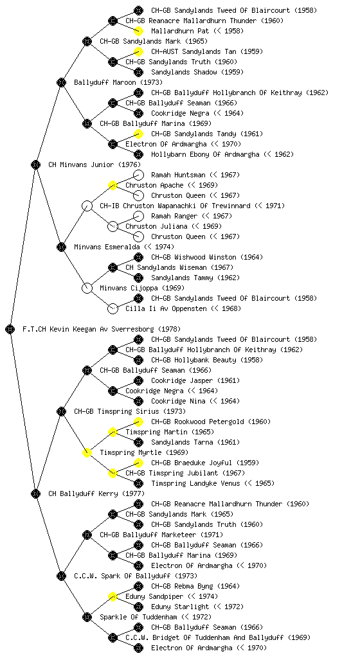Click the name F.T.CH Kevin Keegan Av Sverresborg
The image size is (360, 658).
(x=90, y=329)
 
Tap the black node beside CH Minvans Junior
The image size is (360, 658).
(x=35, y=164)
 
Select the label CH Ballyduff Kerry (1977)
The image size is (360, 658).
(x=96, y=493)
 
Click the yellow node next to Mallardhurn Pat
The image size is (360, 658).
(x=138, y=31)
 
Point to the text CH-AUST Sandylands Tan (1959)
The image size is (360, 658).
(x=207, y=51)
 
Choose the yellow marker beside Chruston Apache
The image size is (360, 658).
(x=113, y=185)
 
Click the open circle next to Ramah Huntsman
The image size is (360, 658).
(x=138, y=175)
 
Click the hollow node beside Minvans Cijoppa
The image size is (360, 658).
(x=87, y=288)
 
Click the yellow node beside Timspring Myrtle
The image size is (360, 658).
(x=87, y=452)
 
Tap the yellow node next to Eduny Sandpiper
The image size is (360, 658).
(x=113, y=596)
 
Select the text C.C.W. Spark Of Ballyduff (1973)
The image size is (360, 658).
(x=136, y=576)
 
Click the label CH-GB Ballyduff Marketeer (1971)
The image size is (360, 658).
(x=161, y=535)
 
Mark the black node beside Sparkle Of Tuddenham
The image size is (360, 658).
(x=87, y=617)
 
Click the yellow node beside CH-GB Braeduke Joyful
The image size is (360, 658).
(x=138, y=463)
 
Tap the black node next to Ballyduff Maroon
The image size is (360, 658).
(x=61, y=82)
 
